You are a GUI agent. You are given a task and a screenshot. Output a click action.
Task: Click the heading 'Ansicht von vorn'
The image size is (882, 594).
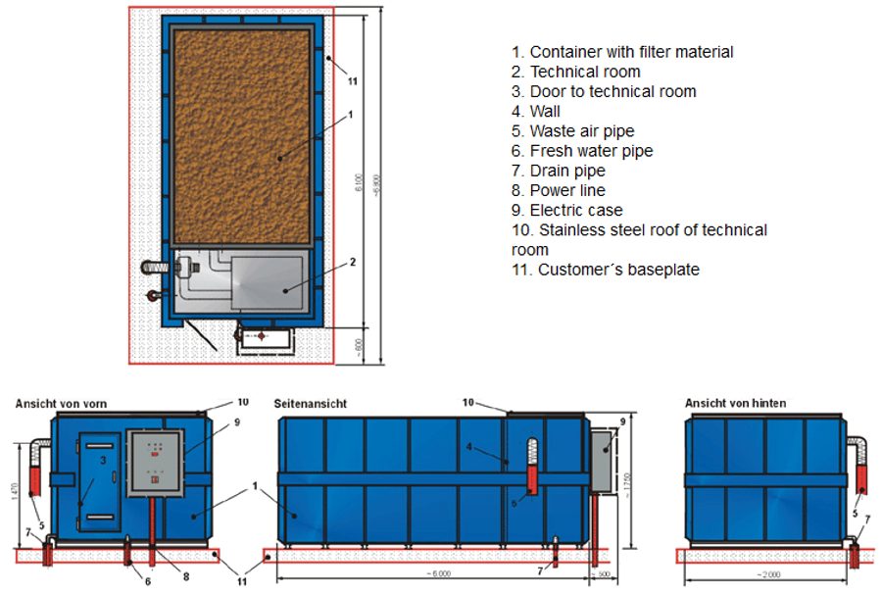tap(61, 403)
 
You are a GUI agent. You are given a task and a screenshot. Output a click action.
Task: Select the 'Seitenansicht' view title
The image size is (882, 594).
tap(312, 403)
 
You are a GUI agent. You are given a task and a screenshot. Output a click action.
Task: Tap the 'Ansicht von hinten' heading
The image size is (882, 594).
tap(735, 403)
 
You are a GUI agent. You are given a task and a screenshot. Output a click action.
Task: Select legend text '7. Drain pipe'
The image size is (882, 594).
tap(558, 171)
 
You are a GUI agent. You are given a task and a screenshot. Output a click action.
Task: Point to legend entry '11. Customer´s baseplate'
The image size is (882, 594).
tap(605, 270)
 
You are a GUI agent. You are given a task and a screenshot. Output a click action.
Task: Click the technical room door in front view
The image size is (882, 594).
tap(98, 481)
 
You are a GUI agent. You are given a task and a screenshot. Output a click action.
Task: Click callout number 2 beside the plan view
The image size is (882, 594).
tap(352, 262)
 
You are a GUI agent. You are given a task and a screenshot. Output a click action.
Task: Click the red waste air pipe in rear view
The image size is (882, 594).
tap(862, 478)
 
